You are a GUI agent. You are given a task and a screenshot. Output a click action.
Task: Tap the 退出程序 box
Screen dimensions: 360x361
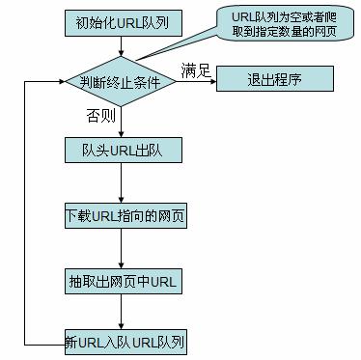coord(273,79)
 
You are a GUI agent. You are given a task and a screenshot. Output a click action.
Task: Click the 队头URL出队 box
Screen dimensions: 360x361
coord(120,152)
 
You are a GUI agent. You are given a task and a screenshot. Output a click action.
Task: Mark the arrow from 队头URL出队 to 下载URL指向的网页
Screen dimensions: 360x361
coord(120,183)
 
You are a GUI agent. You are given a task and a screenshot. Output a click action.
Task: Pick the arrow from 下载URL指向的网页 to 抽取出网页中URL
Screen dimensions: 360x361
coord(120,248)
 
